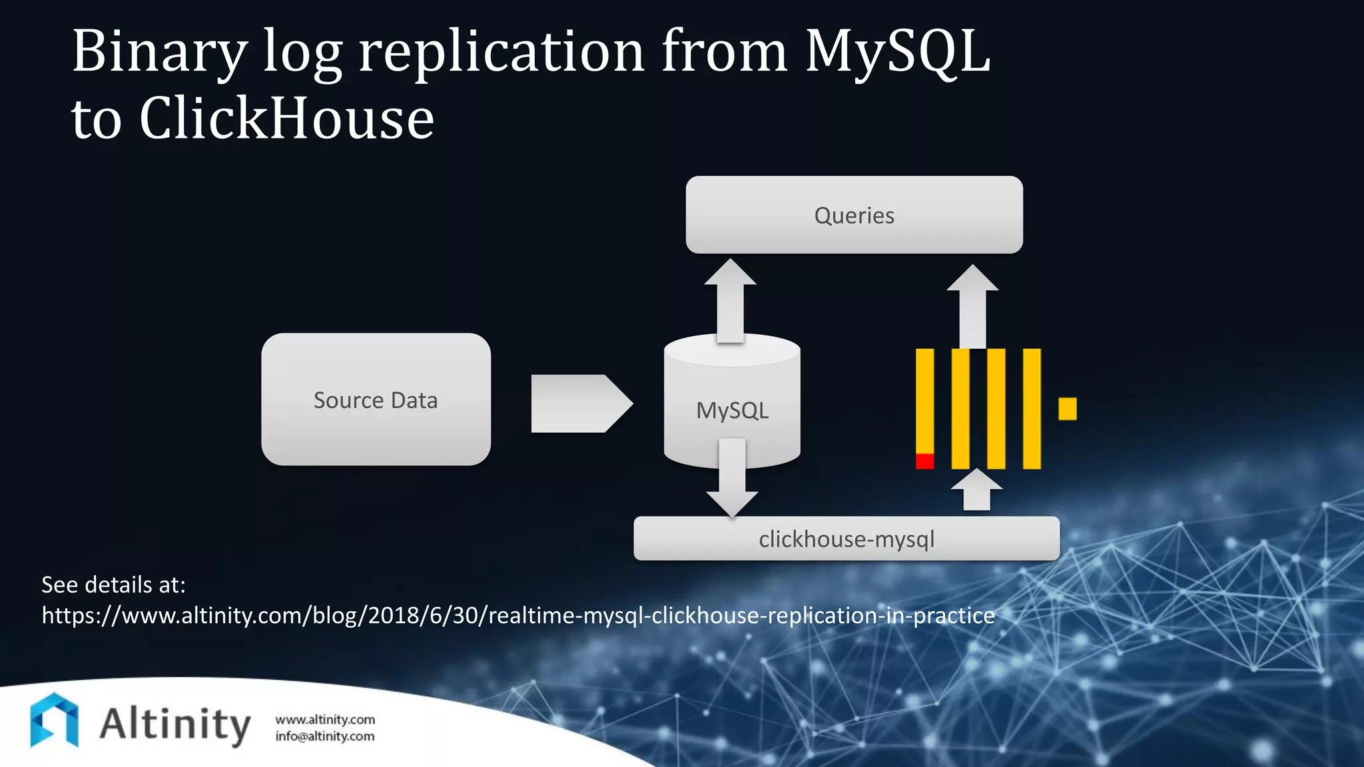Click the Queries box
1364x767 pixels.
click(854, 215)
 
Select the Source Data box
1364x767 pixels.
click(376, 399)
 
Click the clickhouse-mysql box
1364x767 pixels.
click(846, 539)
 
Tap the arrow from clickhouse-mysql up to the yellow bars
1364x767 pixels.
click(976, 491)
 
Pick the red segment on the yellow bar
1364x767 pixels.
click(924, 461)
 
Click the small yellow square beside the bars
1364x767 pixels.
click(1067, 409)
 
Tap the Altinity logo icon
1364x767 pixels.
click(55, 720)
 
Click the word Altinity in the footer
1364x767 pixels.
click(174, 724)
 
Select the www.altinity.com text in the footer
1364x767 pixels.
click(325, 720)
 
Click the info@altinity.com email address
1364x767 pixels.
click(325, 736)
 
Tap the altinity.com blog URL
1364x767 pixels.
click(518, 615)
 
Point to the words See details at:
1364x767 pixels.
click(113, 585)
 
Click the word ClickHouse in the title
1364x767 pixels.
click(286, 119)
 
